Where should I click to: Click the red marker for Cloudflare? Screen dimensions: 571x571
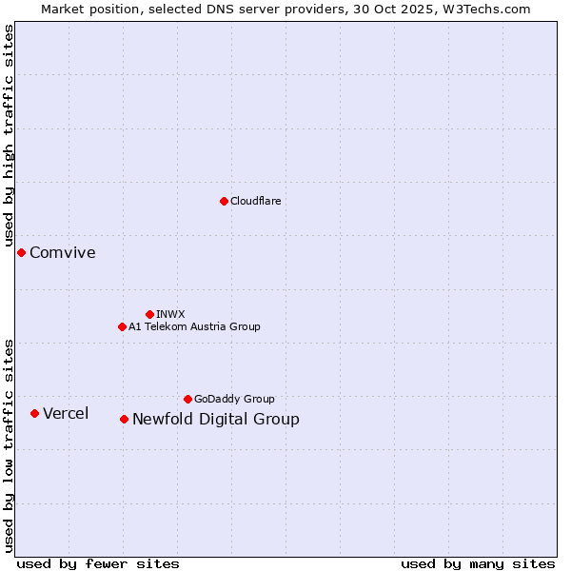(224, 201)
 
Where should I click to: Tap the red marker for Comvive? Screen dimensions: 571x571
(21, 252)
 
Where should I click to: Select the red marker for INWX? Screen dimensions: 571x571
(149, 314)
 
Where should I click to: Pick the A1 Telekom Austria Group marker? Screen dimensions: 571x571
(122, 326)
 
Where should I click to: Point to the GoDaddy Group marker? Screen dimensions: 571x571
(187, 399)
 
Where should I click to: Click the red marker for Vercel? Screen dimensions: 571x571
(34, 413)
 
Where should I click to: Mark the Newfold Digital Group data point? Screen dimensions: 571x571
(124, 419)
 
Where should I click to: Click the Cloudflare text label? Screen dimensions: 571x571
(255, 201)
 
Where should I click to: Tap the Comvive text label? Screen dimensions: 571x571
(63, 252)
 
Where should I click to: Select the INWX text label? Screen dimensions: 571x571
(170, 314)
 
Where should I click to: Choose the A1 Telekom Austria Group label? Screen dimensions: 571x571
(194, 326)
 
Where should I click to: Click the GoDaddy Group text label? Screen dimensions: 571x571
(234, 399)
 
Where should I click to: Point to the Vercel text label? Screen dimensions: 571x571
(66, 413)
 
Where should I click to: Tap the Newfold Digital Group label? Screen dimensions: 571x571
(215, 419)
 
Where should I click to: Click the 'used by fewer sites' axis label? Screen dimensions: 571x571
(98, 563)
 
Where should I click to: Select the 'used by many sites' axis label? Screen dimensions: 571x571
(478, 563)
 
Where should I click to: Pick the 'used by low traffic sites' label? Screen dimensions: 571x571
(10, 444)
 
